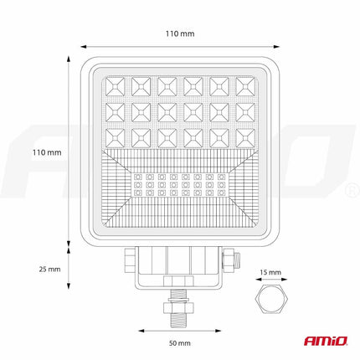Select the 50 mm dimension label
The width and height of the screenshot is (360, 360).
(x=180, y=343)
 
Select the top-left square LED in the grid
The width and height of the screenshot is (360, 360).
(x=116, y=85)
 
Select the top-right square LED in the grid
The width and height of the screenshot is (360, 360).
(x=244, y=85)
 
